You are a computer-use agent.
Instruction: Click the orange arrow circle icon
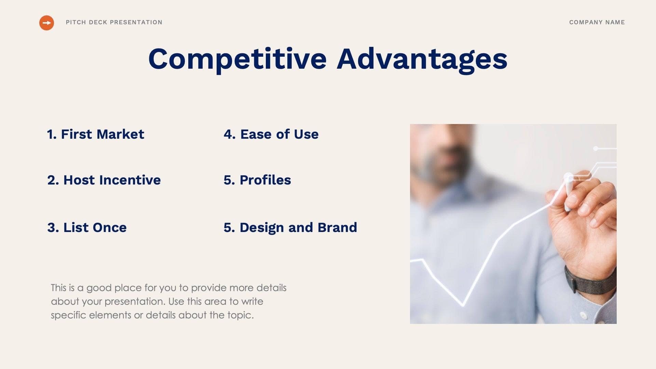[x=46, y=23]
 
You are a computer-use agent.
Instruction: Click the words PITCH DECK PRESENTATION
[x=114, y=22]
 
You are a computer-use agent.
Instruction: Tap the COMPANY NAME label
[x=597, y=22]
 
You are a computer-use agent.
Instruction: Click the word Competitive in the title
[x=237, y=59]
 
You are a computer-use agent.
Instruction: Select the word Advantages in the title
[x=422, y=59]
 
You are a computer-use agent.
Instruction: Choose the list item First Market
[x=96, y=134]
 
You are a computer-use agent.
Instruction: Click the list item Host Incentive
[x=104, y=180]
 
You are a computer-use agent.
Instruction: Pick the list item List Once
[x=87, y=228]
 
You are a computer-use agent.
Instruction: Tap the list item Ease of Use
[x=271, y=134]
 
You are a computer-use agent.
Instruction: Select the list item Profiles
[x=257, y=180]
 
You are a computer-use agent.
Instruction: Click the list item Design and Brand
[x=290, y=228]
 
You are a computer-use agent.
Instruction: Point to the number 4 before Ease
[x=228, y=134]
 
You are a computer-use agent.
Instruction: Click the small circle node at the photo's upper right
[x=596, y=149]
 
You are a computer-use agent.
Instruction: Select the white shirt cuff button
[x=584, y=315]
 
